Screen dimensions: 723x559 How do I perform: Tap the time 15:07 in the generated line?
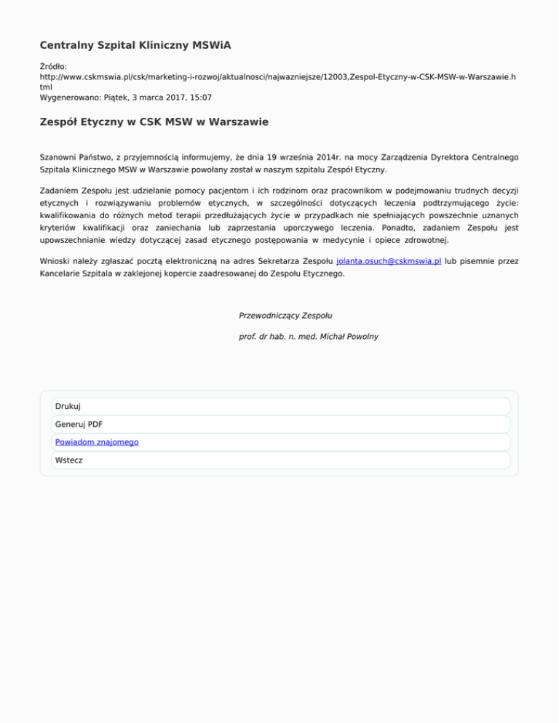[199, 97]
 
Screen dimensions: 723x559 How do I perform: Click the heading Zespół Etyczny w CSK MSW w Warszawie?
[154, 122]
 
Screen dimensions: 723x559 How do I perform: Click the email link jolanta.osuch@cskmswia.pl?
[389, 261]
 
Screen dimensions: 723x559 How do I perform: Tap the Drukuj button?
[68, 407]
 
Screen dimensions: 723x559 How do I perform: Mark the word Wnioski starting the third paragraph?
[56, 261]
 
